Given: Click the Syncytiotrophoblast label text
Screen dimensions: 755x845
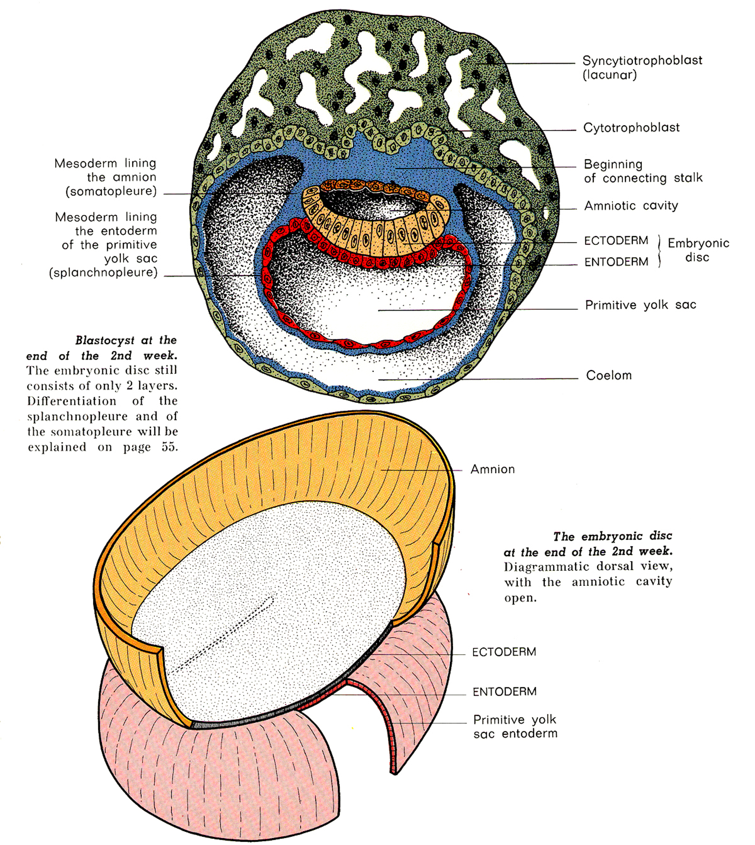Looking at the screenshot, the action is pos(642,61).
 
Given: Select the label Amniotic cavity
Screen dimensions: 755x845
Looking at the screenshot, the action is pos(631,205).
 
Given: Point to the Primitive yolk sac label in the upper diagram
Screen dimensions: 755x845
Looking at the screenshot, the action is pos(641,305).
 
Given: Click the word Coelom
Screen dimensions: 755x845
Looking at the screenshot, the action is pos(609,375).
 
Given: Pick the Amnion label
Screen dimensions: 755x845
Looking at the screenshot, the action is pos(493,469).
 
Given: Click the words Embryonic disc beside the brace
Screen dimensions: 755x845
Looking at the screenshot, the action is pos(698,250).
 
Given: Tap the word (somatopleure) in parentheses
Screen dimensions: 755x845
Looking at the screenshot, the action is pos(111,191).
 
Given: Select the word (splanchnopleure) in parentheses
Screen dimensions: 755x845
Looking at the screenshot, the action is pos(103,272).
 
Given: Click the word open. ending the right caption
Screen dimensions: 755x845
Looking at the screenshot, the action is pos(520,598).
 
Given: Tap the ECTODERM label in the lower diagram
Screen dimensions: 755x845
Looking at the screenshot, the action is pos(504,652).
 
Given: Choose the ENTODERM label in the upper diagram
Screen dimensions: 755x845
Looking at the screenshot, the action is pos(616,262).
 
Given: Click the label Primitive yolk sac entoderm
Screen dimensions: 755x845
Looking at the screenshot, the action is pos(515,726).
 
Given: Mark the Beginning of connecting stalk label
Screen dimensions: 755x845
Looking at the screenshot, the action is pos(643,171).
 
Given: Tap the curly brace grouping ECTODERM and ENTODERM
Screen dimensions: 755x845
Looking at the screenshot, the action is pos(660,251).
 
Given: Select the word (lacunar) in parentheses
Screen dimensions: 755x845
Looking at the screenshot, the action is pos(609,75).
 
